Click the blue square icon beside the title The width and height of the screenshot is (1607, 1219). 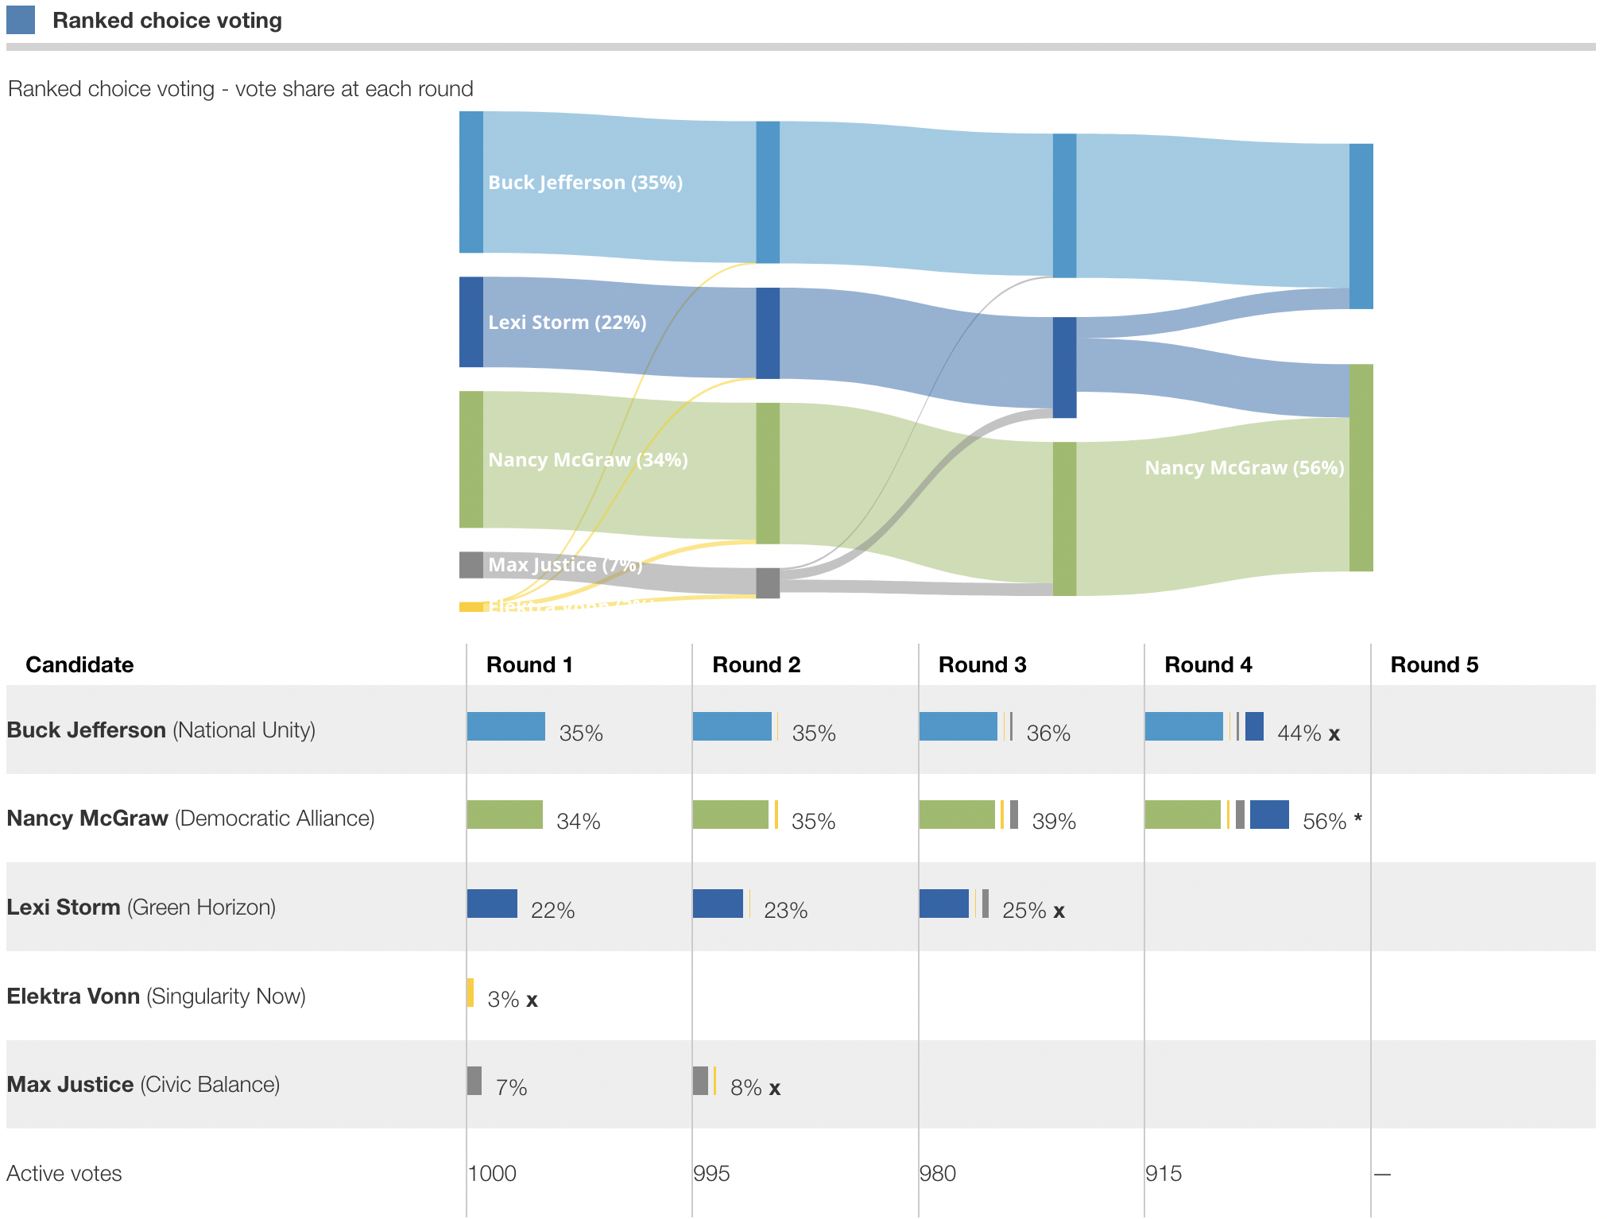21,20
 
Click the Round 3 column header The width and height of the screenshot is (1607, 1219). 982,664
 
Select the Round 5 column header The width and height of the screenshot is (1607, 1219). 1434,664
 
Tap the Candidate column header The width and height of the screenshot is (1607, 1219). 79,664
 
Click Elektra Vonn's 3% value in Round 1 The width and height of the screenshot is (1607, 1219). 503,999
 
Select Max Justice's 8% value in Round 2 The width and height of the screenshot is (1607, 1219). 746,1087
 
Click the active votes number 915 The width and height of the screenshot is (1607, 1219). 1164,1173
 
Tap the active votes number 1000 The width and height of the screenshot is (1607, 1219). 492,1173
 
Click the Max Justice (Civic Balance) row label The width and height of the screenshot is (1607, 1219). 143,1084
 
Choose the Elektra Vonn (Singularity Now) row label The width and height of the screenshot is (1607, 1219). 156,996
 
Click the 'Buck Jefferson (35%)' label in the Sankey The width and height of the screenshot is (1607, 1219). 585,183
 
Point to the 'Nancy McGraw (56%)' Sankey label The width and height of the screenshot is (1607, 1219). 1244,468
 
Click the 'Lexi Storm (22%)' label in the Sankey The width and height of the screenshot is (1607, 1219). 567,323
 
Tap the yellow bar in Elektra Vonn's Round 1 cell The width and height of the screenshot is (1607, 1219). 470,993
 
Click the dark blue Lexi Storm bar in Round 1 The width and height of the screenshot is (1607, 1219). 492,904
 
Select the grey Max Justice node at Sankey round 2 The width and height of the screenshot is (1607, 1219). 768,583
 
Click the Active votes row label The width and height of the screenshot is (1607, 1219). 64,1173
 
